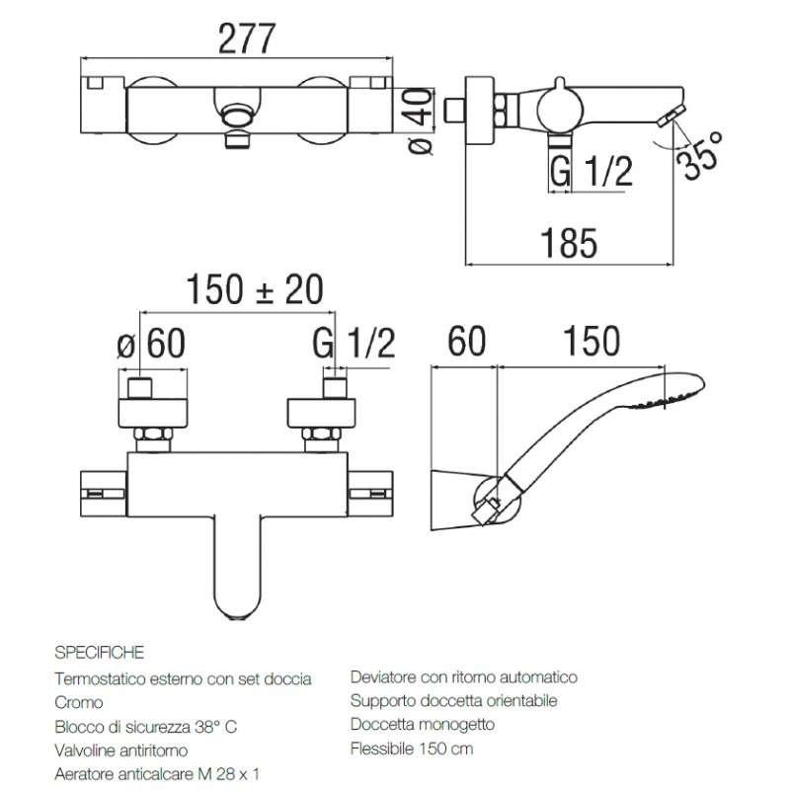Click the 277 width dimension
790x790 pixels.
tap(247, 39)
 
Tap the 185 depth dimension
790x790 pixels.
tap(569, 243)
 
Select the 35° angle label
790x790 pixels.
tap(700, 155)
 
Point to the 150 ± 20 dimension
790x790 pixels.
tap(255, 289)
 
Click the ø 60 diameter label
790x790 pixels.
tap(151, 343)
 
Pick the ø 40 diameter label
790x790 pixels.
tap(419, 120)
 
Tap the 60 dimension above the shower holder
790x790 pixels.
tap(466, 341)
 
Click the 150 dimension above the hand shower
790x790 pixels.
tap(591, 341)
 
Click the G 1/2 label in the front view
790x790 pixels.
tap(354, 343)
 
